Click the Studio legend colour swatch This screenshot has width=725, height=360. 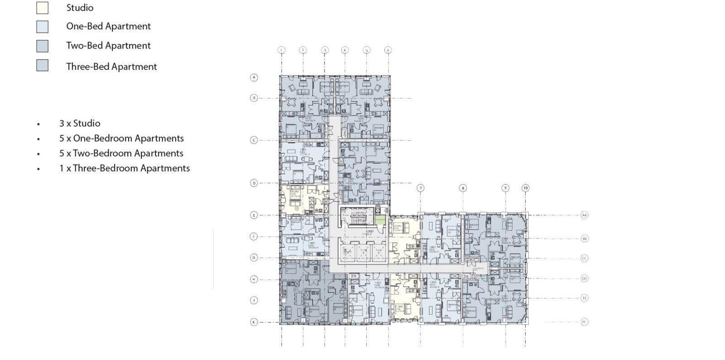tap(42, 8)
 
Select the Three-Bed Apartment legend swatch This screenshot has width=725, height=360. tap(42, 65)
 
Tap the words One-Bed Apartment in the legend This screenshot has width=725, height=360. tap(108, 26)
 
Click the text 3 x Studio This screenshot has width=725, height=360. tap(80, 123)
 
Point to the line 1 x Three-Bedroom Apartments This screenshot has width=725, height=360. tap(124, 168)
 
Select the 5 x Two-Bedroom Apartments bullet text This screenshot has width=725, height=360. tap(121, 153)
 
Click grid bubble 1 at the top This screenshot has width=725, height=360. tap(281, 50)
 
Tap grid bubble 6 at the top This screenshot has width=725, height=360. tap(387, 50)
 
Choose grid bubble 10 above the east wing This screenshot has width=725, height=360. tap(525, 188)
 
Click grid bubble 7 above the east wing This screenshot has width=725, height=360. tap(420, 188)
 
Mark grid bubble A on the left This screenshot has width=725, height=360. tap(254, 78)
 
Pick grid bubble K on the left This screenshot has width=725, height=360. tap(254, 322)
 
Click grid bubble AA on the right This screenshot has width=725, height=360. tap(584, 215)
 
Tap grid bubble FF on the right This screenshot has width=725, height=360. tap(584, 322)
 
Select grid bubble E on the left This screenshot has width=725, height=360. tap(254, 215)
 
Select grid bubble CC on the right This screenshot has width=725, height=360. tap(584, 258)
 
